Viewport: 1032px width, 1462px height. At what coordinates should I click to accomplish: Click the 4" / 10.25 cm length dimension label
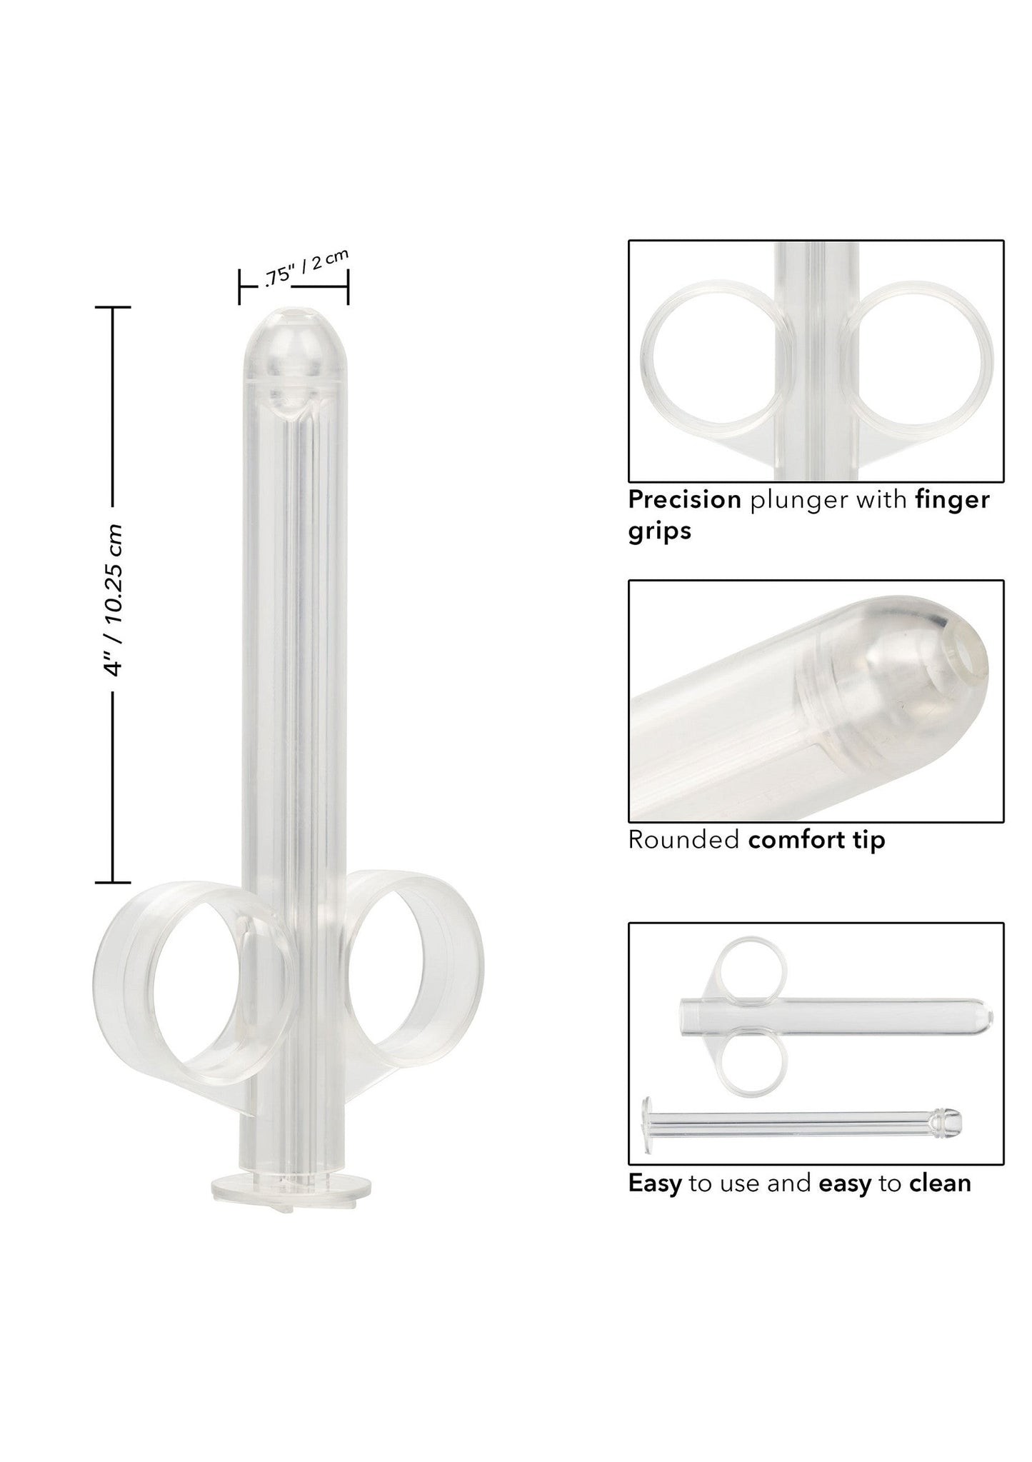click(x=113, y=599)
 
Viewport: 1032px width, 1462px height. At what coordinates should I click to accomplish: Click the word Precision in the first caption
click(x=684, y=500)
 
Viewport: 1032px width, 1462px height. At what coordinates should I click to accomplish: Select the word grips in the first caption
click(x=659, y=531)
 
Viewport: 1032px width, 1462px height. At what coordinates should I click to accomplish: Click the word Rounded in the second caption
click(x=683, y=840)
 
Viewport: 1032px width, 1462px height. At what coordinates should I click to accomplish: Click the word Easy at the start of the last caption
click(x=654, y=1183)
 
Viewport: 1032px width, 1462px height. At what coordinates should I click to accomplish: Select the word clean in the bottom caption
click(x=940, y=1183)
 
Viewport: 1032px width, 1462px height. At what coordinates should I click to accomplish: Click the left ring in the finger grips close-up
click(x=716, y=359)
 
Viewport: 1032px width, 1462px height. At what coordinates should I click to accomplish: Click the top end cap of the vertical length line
click(x=112, y=307)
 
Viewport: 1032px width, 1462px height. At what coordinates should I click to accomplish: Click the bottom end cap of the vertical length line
click(x=112, y=883)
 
